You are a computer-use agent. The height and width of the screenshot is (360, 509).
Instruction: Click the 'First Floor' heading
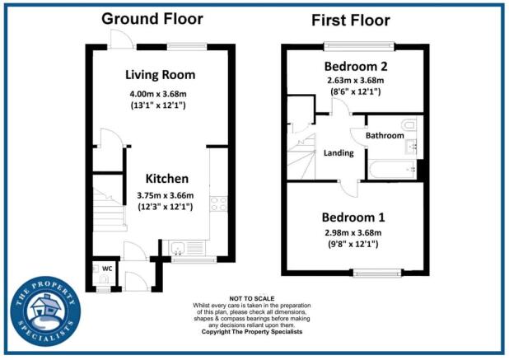coord(351,20)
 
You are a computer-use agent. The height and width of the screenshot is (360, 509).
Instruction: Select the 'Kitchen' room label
coord(167,179)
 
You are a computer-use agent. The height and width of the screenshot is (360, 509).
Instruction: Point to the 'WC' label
coord(106,269)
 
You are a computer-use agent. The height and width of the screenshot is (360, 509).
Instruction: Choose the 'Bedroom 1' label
coord(353,217)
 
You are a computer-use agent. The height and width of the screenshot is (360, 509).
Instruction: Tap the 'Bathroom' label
coord(385,135)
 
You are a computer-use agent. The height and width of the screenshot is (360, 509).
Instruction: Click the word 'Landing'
coord(339,152)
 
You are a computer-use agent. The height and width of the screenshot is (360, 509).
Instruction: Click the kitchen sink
coord(179,245)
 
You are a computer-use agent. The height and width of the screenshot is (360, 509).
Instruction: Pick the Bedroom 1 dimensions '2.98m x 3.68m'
coord(353,233)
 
